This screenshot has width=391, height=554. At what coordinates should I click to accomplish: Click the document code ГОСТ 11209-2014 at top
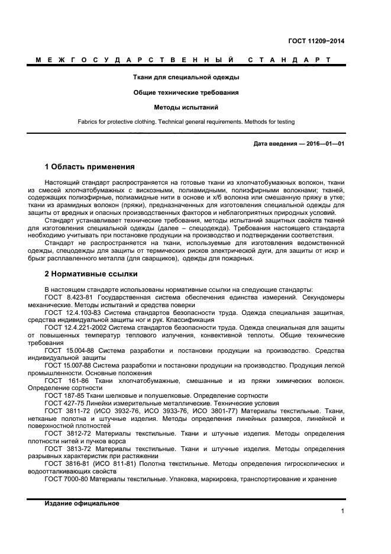coord(316,41)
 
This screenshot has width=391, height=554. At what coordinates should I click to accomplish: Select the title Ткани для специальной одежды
coord(185,77)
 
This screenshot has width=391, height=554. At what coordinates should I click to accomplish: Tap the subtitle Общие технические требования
coord(185,92)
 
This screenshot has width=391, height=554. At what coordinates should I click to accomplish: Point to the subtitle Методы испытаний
coord(186,108)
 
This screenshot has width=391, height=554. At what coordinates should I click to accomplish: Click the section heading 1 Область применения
coord(90,167)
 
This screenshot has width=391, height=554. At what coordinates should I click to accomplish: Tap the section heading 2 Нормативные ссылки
coord(91,274)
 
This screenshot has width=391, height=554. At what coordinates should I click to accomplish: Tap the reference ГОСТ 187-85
coord(63,395)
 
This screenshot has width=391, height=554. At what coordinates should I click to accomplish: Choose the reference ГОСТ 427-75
coord(63,403)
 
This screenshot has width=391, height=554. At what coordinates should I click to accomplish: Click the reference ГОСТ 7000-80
coord(64,479)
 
